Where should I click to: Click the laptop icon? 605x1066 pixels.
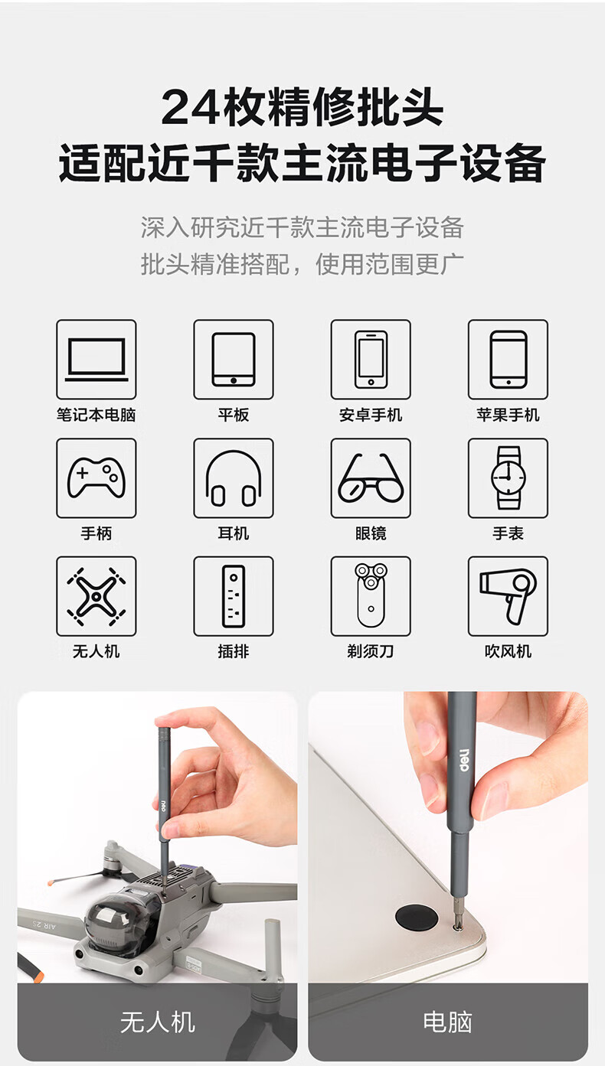pos(96,360)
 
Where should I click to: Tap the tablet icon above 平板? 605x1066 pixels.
pos(234,360)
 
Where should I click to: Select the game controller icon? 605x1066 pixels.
pos(96,478)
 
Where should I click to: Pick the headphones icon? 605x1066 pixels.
pos(234,478)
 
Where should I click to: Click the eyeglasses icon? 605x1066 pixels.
pos(371,478)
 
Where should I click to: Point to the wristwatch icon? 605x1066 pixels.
pos(509,478)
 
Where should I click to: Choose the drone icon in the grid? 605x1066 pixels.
pos(96,596)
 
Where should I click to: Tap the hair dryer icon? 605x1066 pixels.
pos(509,596)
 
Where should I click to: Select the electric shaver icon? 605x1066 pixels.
pos(371,595)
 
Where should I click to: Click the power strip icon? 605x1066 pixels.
pos(234,596)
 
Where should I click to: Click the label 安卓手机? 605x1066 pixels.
pos(371,415)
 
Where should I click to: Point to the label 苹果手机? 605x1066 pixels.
pos(508,415)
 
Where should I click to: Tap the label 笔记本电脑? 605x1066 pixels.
pos(96,415)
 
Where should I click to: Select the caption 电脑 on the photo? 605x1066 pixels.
pos(448,1022)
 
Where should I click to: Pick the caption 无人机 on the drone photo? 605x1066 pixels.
pos(158,1022)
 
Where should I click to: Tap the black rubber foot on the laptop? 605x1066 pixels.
pos(417,917)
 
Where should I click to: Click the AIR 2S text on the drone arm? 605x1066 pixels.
pos(44,924)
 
